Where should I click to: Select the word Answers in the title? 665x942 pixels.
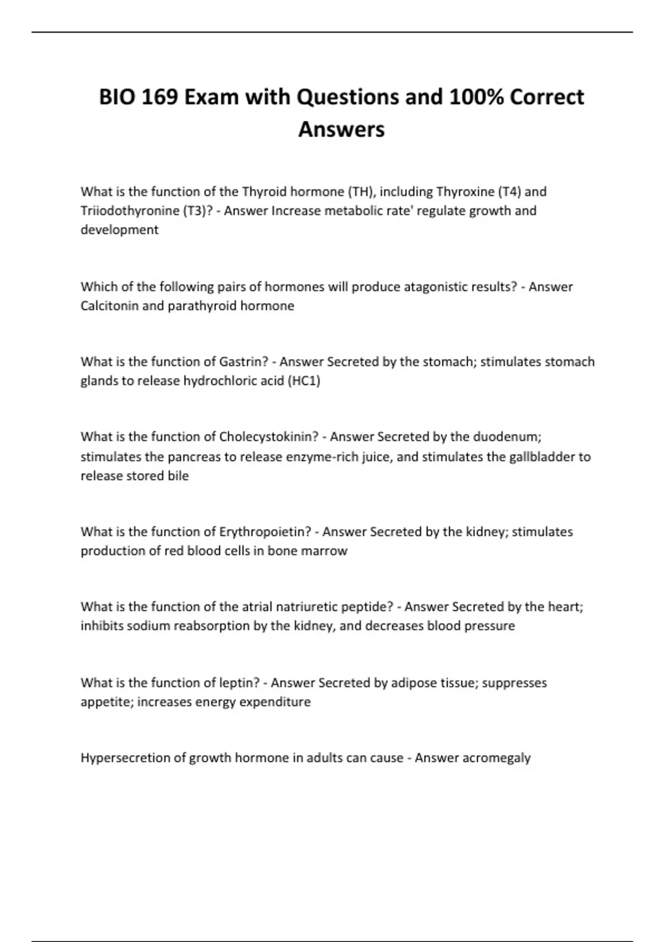341,130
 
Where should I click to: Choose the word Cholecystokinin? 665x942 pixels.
269,437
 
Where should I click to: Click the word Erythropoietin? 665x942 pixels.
265,532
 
